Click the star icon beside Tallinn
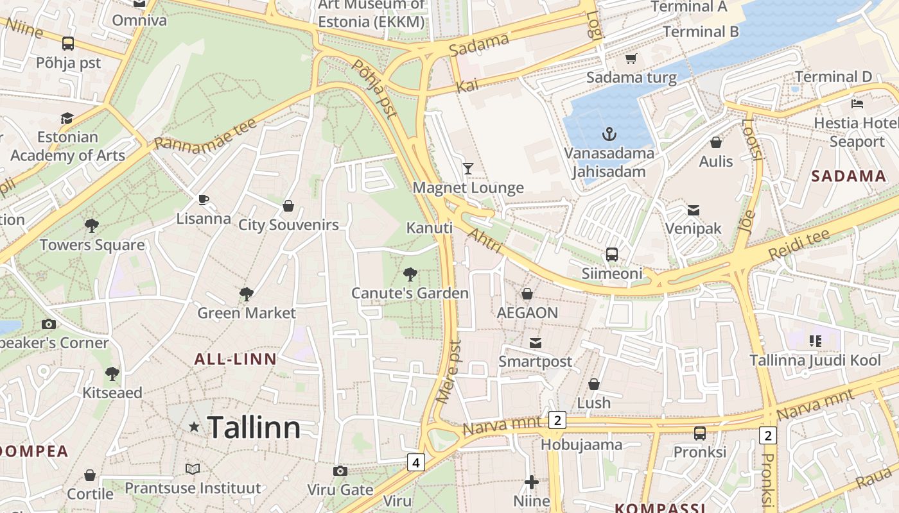point(194,426)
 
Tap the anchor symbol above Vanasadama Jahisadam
point(609,134)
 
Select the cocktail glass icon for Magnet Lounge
point(468,169)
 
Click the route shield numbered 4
point(416,462)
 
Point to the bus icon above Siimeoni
point(612,254)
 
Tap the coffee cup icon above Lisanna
point(204,199)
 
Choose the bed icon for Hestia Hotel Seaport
point(857,103)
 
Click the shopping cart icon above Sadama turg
point(631,59)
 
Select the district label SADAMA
point(848,176)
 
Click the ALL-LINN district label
point(235,359)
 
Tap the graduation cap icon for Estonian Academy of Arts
point(67,118)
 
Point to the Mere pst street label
point(448,371)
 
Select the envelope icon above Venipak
point(693,210)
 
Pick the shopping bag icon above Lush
point(594,384)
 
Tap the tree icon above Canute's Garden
point(410,274)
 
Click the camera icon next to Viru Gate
point(340,471)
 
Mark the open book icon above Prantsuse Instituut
point(193,469)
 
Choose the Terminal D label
point(833,77)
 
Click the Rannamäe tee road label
point(205,135)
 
